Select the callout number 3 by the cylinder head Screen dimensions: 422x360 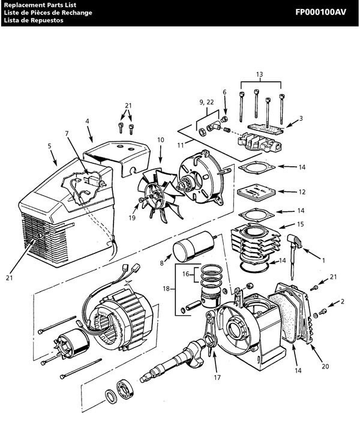(301, 119)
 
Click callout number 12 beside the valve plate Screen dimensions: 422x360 (301, 192)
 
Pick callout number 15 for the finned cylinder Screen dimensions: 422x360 (301, 225)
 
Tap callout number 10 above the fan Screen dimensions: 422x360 (160, 140)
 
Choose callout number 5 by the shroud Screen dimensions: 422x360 (50, 145)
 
